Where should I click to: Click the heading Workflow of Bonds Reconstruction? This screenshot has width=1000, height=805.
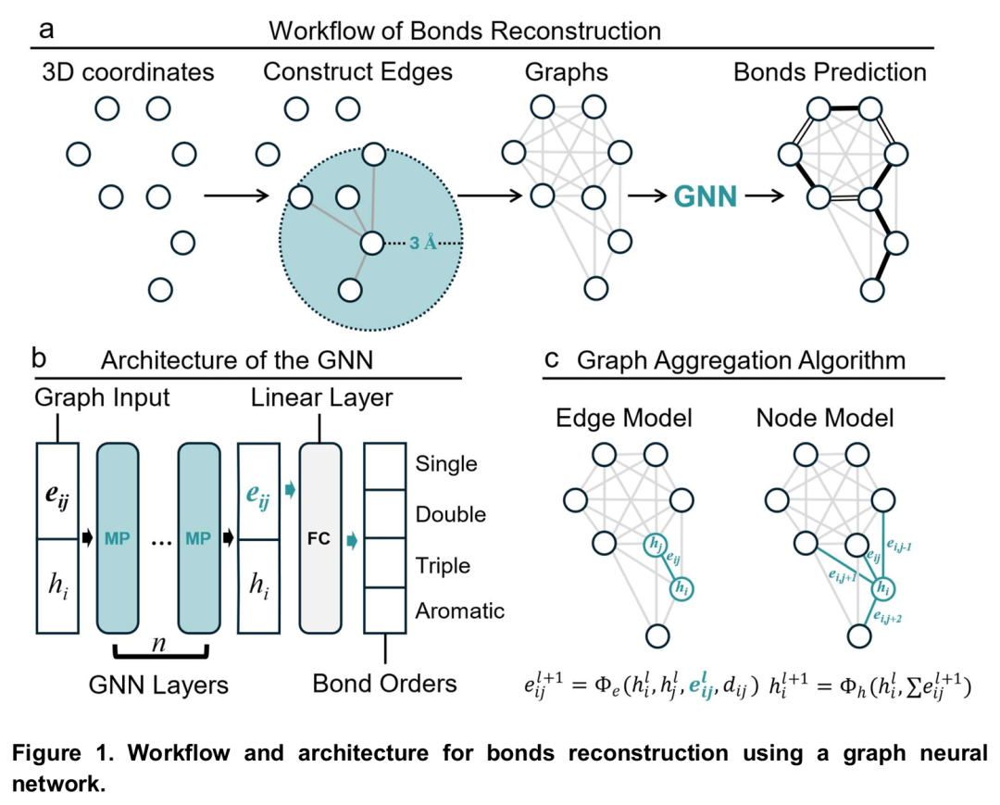point(465,30)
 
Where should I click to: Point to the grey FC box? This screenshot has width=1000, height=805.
point(320,538)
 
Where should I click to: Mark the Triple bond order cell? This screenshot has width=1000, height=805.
point(383,564)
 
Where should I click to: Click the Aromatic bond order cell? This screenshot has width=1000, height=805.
point(383,610)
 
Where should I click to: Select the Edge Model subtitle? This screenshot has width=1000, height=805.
point(623,418)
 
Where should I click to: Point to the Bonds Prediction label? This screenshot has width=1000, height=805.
point(830,71)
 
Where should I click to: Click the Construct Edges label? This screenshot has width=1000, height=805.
point(357,71)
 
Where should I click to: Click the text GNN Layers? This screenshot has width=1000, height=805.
point(159,686)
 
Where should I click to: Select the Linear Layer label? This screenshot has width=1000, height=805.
point(321,398)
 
